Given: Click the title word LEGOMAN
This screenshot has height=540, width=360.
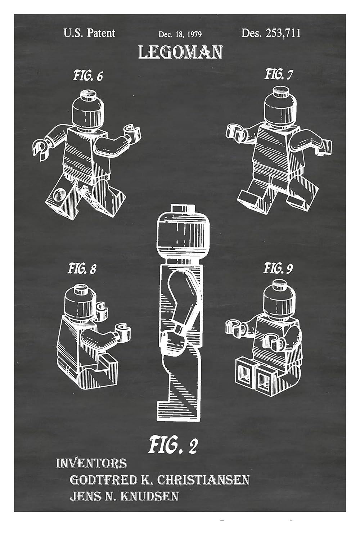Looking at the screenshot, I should (x=180, y=53).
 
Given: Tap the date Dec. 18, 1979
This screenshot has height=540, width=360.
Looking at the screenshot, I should (x=180, y=35).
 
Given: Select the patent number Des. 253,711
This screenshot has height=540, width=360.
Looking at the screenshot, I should (x=271, y=33).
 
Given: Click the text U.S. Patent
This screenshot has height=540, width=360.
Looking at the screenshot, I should (x=89, y=33).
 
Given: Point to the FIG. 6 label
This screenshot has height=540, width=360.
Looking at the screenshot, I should (x=88, y=76).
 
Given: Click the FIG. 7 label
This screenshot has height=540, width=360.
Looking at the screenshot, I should (x=279, y=75).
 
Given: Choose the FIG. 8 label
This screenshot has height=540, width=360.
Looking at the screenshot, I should (x=82, y=269).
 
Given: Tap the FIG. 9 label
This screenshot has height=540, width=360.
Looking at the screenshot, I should (x=278, y=268).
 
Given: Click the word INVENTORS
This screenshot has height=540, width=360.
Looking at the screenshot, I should (x=91, y=463).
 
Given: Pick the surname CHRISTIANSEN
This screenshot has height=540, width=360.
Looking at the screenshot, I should (x=204, y=480).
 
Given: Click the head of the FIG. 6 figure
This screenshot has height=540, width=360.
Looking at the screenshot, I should (x=88, y=110).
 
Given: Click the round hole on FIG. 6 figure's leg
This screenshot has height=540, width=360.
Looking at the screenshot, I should (x=57, y=195).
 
